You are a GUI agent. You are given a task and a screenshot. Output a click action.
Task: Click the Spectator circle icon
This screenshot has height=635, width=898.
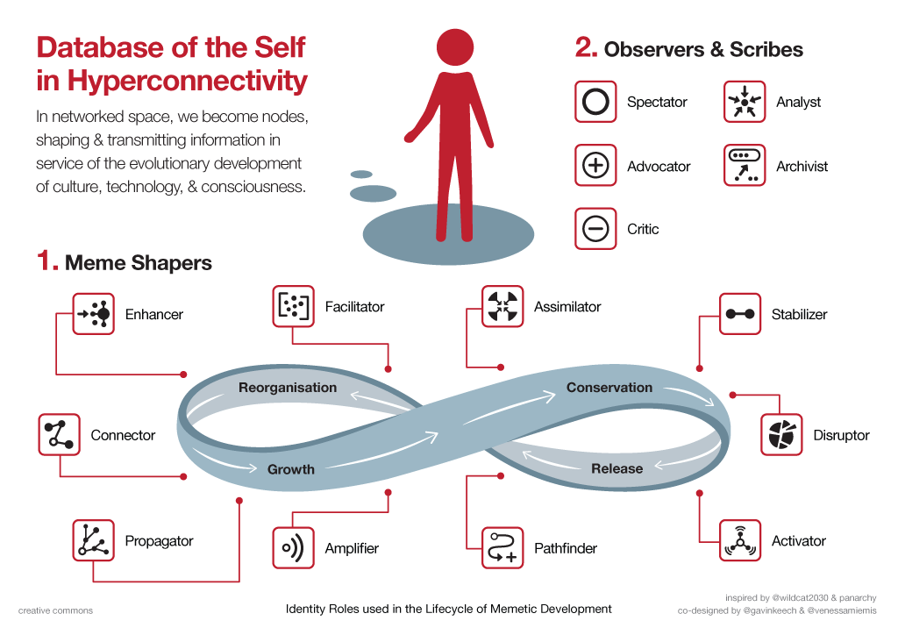click(595, 102)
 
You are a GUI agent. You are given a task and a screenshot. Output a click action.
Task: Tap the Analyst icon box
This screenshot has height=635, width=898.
click(745, 102)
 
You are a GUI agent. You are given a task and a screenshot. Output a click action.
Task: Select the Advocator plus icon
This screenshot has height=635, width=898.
click(595, 165)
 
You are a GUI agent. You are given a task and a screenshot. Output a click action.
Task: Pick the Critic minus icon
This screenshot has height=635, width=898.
click(595, 229)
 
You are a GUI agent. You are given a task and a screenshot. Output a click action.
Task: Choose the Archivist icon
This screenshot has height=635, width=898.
click(745, 165)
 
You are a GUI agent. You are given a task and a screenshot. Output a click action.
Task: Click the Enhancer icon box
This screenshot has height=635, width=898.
click(94, 313)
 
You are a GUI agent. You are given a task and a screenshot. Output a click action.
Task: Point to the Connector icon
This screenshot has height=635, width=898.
click(60, 434)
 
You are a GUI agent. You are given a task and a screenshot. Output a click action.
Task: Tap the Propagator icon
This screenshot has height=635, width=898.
click(94, 540)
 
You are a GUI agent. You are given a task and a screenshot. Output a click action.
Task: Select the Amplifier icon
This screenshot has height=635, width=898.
click(294, 548)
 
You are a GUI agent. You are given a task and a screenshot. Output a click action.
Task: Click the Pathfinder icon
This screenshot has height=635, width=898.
click(503, 548)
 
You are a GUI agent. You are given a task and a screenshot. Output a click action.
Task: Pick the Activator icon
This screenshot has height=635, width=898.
click(740, 540)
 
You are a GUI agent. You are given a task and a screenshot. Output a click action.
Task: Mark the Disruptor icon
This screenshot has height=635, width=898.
click(781, 434)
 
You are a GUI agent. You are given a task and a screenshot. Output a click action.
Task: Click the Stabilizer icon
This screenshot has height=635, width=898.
click(740, 313)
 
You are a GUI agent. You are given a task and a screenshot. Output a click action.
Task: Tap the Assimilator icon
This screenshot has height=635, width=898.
click(503, 306)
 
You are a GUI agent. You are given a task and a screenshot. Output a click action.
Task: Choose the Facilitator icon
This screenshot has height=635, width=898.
click(294, 306)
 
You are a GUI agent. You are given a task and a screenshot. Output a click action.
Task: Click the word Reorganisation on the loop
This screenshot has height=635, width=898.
click(288, 387)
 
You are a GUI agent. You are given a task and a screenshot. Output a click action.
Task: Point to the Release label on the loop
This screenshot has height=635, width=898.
click(616, 468)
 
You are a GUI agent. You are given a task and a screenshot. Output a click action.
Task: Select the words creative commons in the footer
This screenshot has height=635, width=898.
click(55, 610)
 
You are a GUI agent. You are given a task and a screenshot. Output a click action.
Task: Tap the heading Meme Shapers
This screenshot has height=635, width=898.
click(139, 262)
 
